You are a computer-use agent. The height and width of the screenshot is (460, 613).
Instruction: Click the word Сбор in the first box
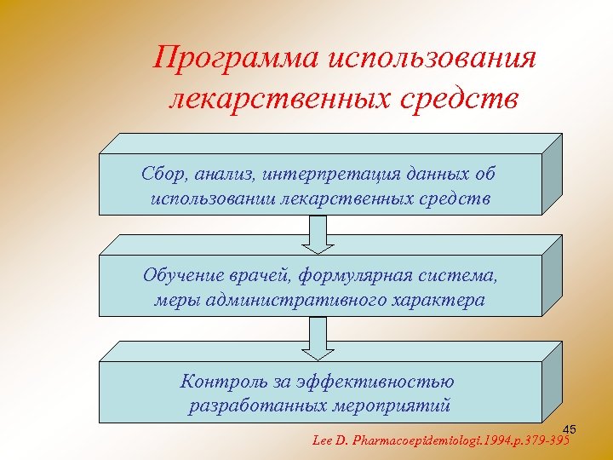pyautogui.click(x=160, y=174)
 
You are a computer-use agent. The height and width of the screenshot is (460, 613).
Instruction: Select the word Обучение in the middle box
pyautogui.click(x=182, y=276)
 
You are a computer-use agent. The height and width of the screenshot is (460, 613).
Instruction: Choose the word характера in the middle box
pyautogui.click(x=435, y=300)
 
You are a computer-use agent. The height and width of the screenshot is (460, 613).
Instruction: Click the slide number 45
pyautogui.click(x=570, y=428)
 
